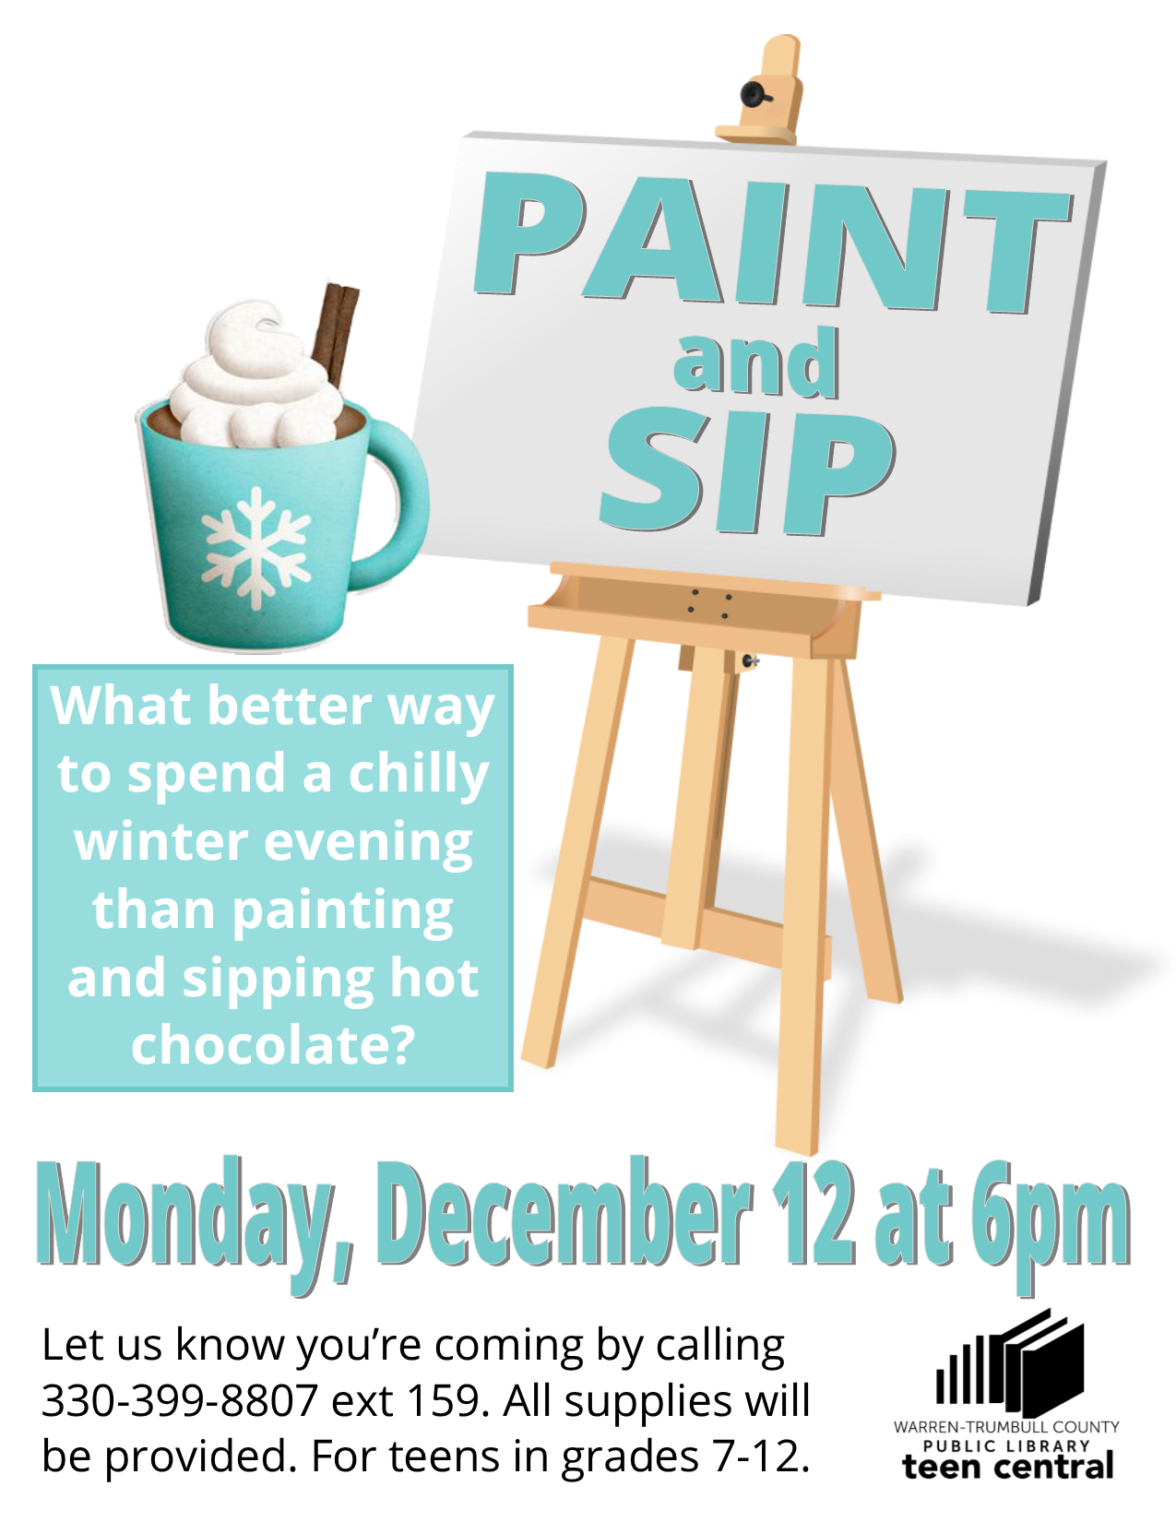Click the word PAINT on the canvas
tap(773, 242)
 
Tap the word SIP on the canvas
tap(747, 471)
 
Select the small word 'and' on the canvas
tap(755, 363)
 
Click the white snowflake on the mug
tap(255, 549)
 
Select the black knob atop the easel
tap(755, 94)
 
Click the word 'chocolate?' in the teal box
tap(274, 1044)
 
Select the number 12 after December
tap(814, 1213)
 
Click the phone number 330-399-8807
tap(180, 1401)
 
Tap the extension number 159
tap(444, 1401)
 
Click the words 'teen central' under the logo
tap(1008, 1466)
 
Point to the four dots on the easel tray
tap(709, 604)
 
